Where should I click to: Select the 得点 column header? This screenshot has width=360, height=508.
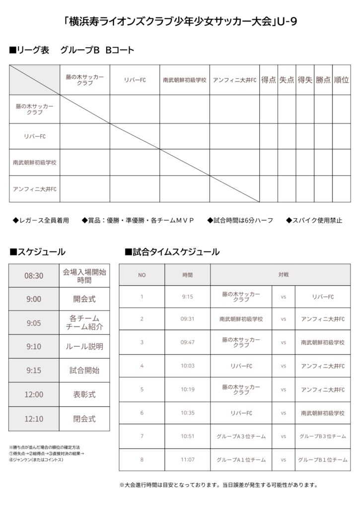coord(269,79)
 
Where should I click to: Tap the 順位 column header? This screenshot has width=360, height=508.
coord(341,79)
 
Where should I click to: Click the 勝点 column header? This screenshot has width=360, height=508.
coord(323,79)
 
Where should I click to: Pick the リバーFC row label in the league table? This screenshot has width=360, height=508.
coord(35,136)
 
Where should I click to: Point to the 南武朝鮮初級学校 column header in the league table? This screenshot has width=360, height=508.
coord(184,79)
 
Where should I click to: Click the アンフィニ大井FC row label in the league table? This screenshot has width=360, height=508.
coord(35,189)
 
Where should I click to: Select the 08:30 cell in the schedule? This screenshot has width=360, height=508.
coord(34,276)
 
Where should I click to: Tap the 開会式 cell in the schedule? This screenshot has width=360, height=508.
coord(84,299)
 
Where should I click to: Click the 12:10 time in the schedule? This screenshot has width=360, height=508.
coord(34,419)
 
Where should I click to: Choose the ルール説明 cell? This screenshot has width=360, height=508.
coord(84,346)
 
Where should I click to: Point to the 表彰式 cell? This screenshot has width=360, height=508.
coord(84,394)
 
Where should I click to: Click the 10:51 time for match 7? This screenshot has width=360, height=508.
coord(187,437)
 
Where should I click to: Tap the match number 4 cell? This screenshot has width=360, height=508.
coord(142,366)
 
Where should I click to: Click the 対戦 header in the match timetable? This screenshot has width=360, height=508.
coord(284,274)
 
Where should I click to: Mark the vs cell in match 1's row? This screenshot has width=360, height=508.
coord(284,297)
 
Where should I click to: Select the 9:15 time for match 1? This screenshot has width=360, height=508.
coord(187,297)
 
